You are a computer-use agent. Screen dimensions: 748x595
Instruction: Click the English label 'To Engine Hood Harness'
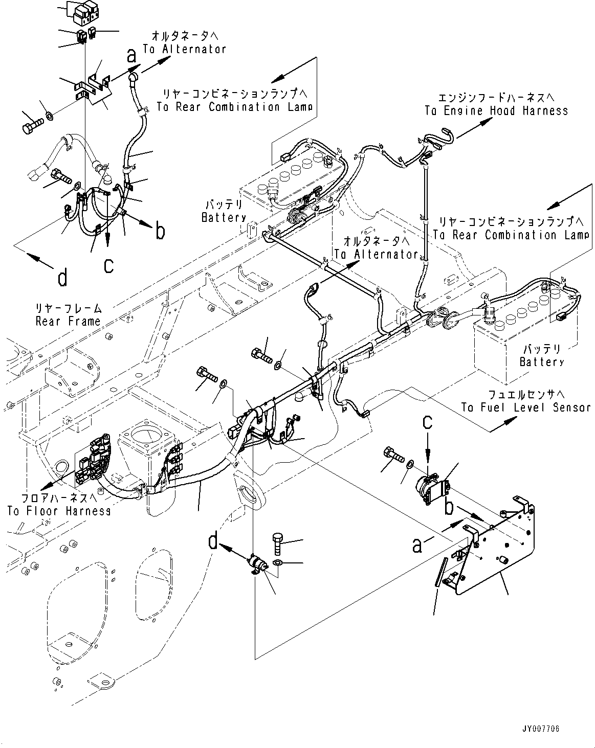[x=496, y=111]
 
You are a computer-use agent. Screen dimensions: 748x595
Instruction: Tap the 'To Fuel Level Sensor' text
[x=526, y=407]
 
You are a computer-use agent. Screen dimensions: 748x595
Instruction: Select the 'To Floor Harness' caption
[x=59, y=511]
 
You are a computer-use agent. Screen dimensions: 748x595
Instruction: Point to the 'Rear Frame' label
[x=68, y=321]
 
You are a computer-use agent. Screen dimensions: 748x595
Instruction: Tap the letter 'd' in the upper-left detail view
[x=62, y=278]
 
